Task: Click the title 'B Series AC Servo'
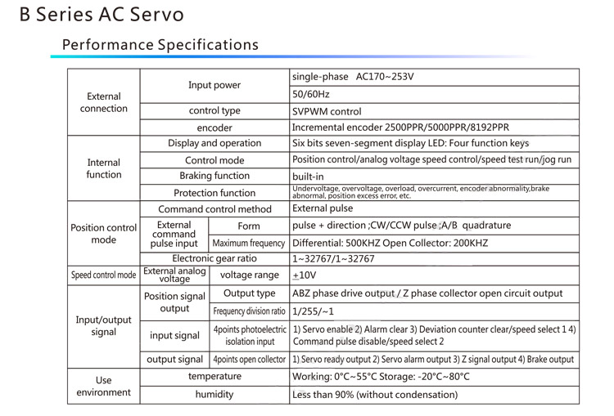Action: click(102, 16)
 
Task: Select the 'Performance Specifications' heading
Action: click(160, 45)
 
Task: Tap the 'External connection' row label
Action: click(104, 102)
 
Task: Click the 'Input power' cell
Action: click(214, 85)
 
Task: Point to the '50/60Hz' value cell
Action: click(311, 95)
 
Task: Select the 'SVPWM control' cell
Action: click(327, 111)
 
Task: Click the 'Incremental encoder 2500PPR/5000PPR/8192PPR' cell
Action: click(400, 127)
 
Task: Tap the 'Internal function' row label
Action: click(104, 168)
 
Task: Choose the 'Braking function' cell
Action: click(214, 176)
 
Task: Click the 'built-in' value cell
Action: click(308, 177)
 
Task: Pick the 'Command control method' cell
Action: click(214, 209)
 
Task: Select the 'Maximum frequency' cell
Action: click(249, 244)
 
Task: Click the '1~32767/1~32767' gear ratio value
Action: click(333, 259)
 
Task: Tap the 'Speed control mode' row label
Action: click(104, 275)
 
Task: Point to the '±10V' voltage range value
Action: click(305, 275)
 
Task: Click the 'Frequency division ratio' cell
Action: click(249, 311)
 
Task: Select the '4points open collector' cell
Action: click(249, 360)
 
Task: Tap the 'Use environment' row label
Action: click(104, 387)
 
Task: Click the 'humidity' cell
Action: click(214, 395)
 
